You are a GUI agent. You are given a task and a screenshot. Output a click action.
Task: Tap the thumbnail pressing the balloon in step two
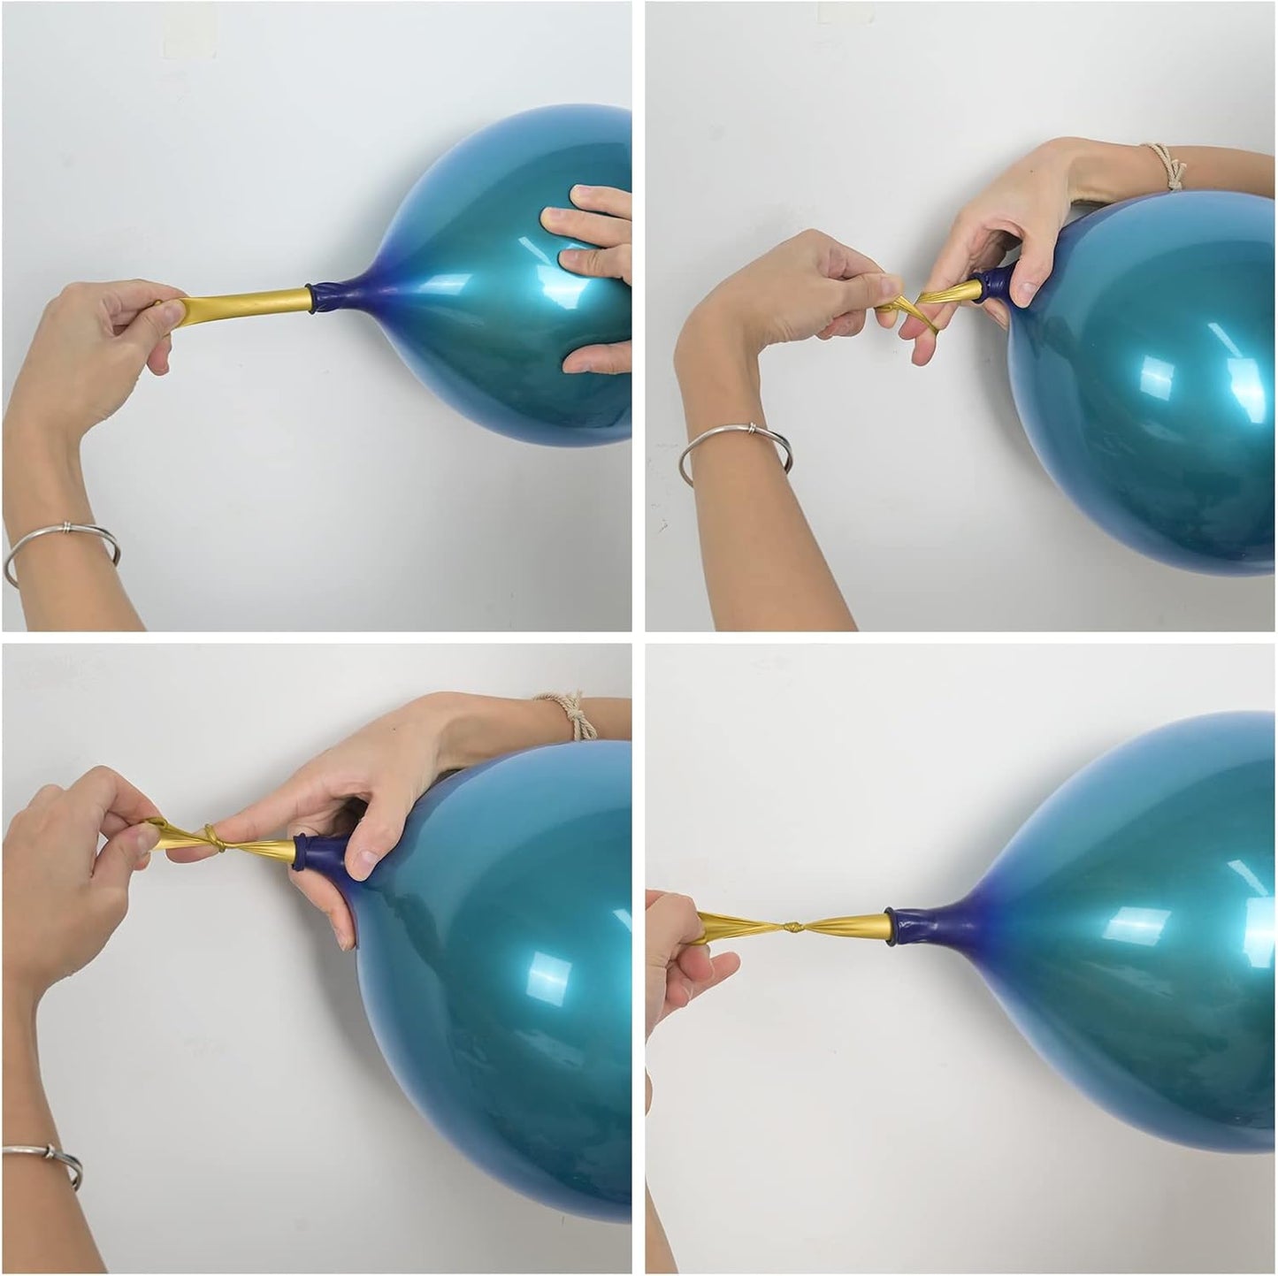click(1026, 288)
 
